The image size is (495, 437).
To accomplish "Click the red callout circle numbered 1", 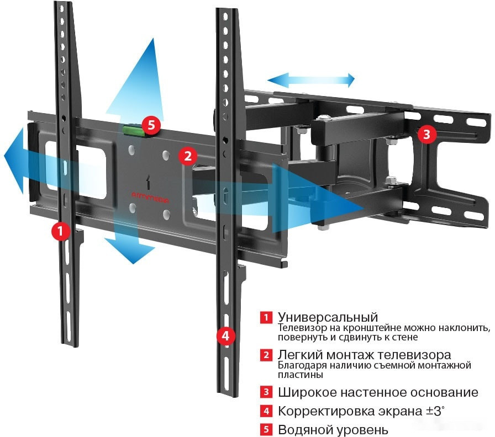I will coord(60,231).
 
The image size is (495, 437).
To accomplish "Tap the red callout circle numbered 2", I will coord(187,156).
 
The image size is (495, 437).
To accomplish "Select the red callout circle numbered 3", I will coord(425,133).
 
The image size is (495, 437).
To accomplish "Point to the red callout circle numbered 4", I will coord(225,335).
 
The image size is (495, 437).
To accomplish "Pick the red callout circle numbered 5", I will coord(150,126).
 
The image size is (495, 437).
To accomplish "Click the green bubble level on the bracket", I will coord(131,130).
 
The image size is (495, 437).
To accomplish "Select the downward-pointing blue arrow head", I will coord(131,249).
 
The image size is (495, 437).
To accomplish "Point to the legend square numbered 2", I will coord(266,355).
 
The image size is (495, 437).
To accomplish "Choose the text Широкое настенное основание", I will coord(378,393).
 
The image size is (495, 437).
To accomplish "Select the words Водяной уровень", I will coord(333,429).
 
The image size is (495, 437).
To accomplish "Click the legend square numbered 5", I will coord(266,429).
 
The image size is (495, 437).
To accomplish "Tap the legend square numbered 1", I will coord(266,318).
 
